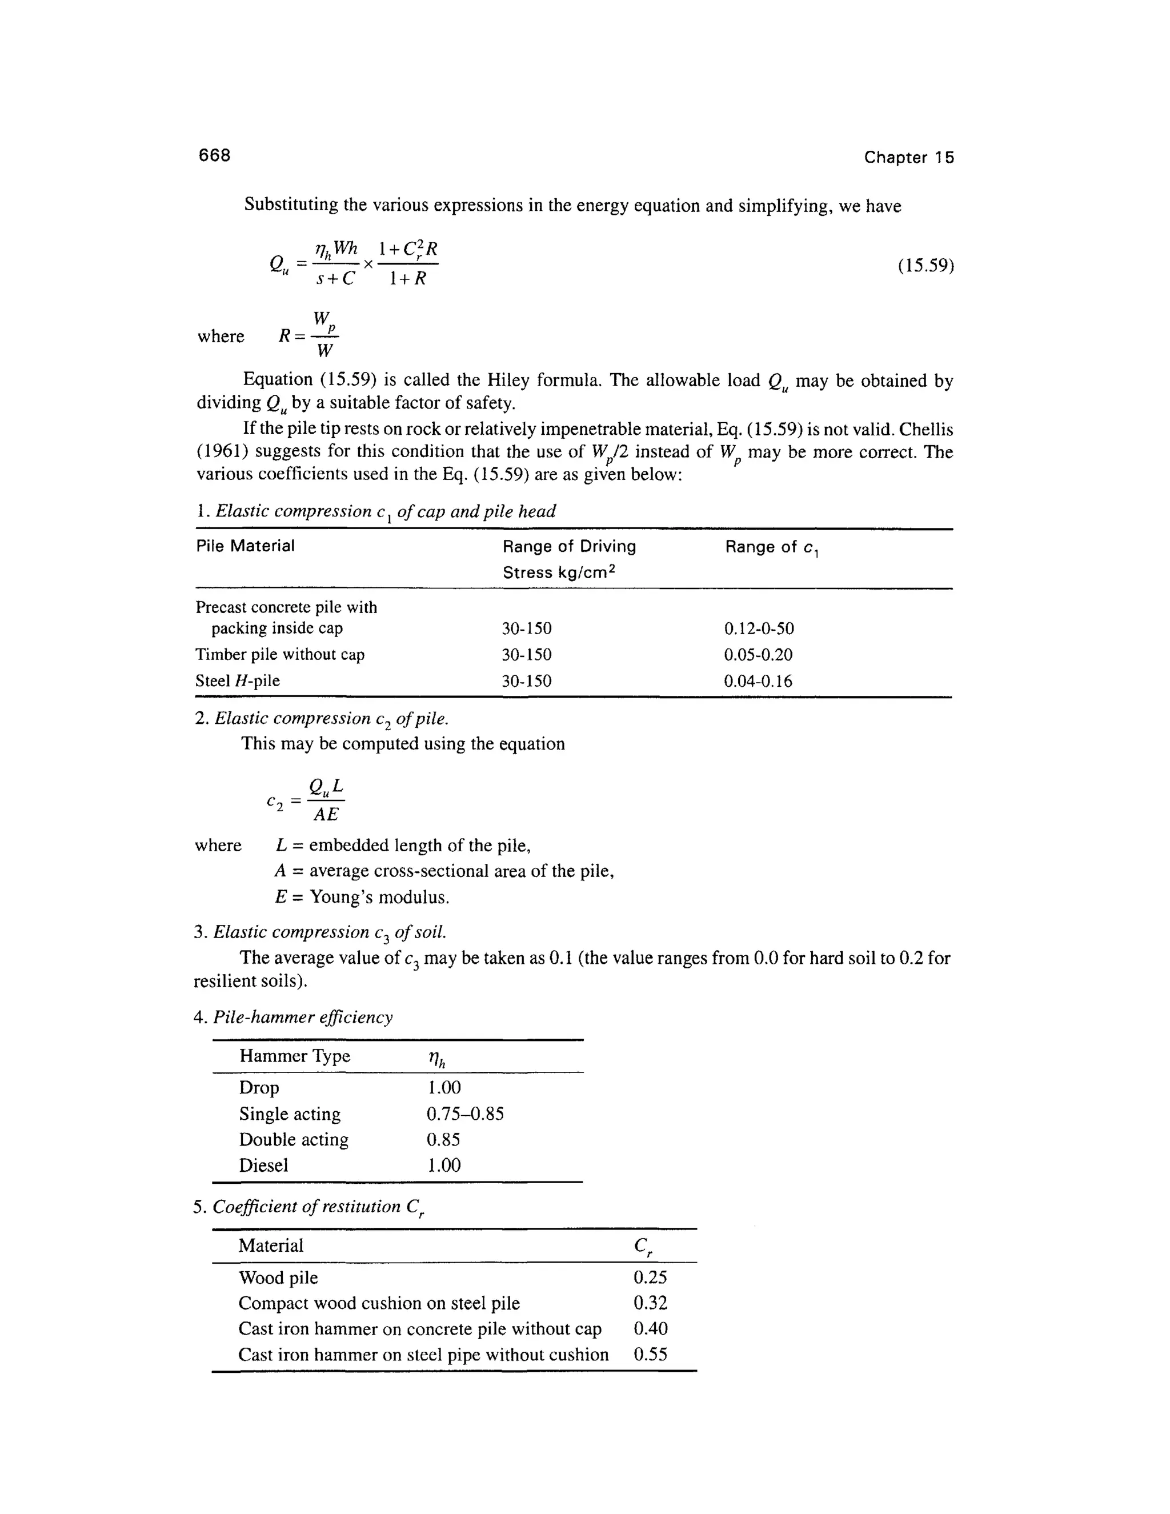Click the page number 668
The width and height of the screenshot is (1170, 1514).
(x=214, y=155)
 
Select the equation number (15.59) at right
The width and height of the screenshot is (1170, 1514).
(x=925, y=266)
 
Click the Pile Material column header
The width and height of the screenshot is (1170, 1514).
(x=245, y=546)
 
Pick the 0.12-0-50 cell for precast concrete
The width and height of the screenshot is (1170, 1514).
(x=759, y=629)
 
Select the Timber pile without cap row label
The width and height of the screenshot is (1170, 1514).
(x=279, y=654)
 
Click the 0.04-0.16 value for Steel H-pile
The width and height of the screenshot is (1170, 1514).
(x=758, y=681)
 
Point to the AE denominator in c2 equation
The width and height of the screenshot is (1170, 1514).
(x=326, y=815)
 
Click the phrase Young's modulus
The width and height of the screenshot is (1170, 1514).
(x=379, y=897)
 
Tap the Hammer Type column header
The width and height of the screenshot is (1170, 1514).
(x=295, y=1056)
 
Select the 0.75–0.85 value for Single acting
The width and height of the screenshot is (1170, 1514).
(x=465, y=1114)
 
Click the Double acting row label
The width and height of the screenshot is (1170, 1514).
(x=294, y=1140)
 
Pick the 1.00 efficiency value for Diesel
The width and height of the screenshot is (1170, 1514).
(x=443, y=1165)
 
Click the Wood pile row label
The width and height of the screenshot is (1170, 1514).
(x=278, y=1277)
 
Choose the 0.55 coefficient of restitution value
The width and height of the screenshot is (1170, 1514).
(x=650, y=1355)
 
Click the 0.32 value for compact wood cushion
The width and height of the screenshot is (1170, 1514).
(x=650, y=1303)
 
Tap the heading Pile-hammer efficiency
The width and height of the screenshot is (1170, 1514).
(x=302, y=1017)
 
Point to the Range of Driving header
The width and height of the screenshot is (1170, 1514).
(x=569, y=547)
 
